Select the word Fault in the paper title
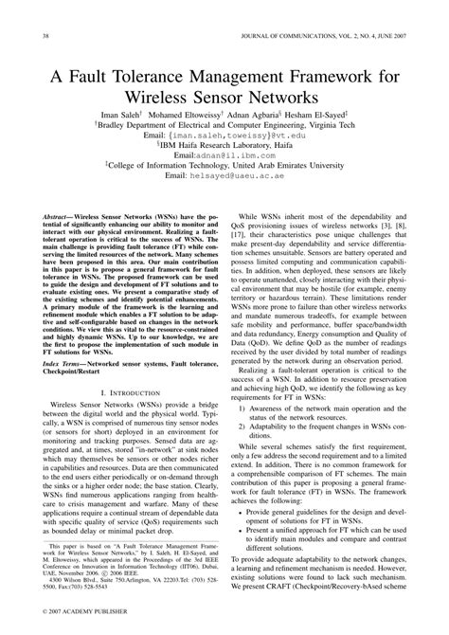coord(111,76)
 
